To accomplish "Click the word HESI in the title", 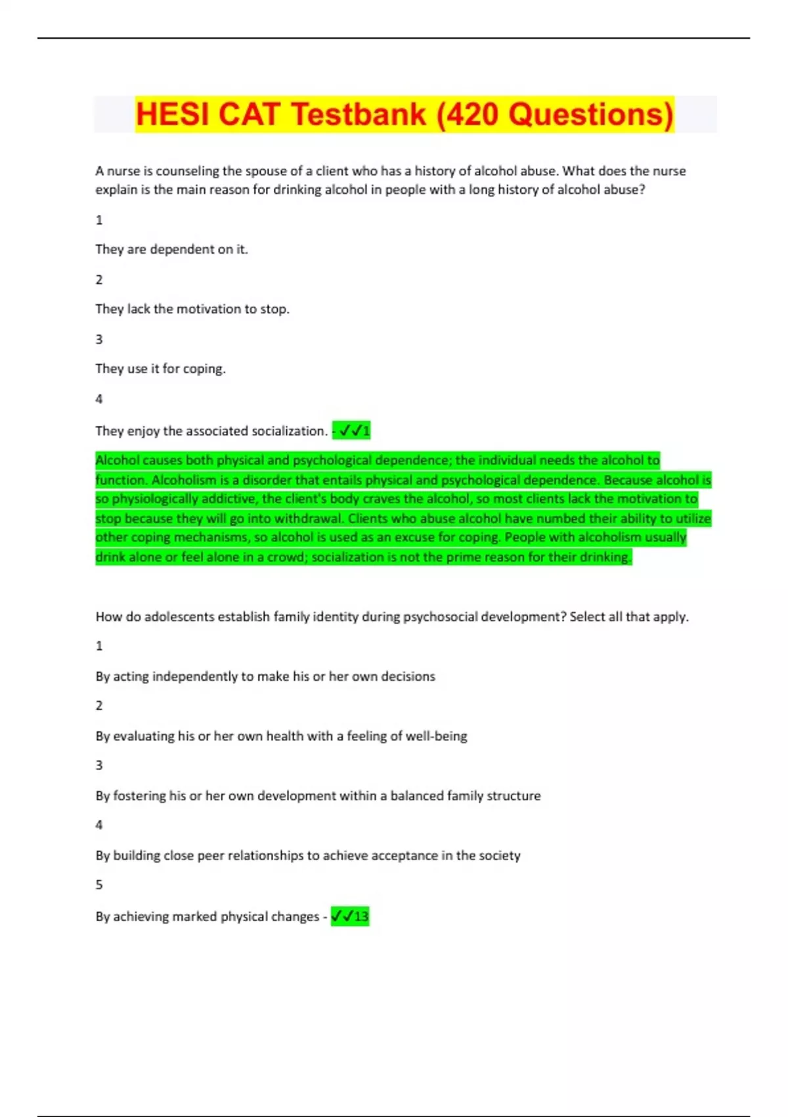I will (173, 114).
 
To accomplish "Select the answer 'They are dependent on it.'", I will (171, 250).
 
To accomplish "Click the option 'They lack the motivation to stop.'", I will (192, 309).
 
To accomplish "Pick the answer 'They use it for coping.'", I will (160, 369).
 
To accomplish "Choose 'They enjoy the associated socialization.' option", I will (211, 431).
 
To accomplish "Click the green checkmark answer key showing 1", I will (353, 431).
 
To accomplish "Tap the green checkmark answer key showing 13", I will (350, 916).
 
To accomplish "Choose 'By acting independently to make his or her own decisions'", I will (265, 677).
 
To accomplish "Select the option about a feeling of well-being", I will (281, 737).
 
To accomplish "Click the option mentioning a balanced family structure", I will (318, 796).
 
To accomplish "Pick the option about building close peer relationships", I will (308, 855).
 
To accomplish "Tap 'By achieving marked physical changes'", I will (208, 917).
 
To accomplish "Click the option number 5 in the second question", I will (99, 885).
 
